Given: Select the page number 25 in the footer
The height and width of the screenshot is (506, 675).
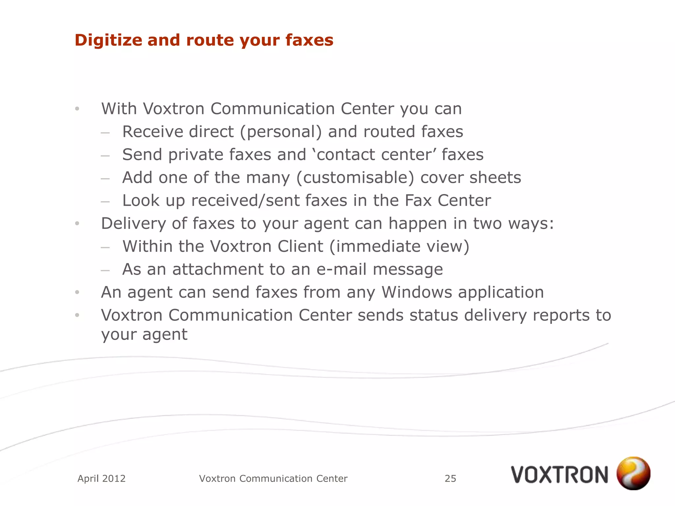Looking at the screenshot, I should coord(450,478).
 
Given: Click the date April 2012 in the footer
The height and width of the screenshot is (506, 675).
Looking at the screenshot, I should coord(102,478).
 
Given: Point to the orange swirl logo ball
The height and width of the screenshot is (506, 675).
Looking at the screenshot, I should coord(633,473).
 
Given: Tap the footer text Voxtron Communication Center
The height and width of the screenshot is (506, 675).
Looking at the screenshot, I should coord(273,478).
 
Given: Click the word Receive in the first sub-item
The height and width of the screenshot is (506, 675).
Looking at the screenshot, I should coord(152,132).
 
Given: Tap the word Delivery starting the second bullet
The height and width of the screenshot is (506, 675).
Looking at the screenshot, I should coord(133,224).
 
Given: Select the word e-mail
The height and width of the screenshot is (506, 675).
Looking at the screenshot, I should coord(341,269).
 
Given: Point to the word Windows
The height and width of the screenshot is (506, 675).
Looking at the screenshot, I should coord(417,292).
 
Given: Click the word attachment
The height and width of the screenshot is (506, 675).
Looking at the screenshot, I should coord(218,269).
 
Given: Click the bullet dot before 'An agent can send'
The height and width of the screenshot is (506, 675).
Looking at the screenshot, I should coord(77,292).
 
